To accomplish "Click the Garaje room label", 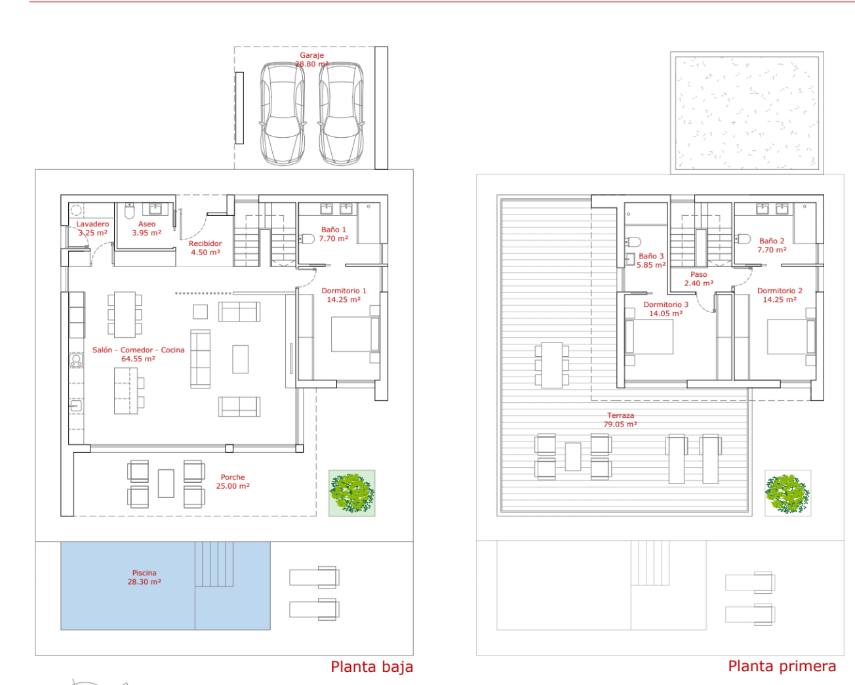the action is point(312,60).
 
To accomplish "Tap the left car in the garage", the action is point(283,114).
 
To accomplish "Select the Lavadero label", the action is point(92,228).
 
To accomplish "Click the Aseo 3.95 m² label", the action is point(147,228).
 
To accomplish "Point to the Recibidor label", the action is point(205,247).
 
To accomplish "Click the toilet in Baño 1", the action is point(307,239).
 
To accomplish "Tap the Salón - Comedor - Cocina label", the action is point(138,354).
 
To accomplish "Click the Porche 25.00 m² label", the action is point(233,481).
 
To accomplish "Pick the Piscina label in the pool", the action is point(144,577).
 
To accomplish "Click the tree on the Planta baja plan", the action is point(351,493).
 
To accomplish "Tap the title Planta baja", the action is point(372,667).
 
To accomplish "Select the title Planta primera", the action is point(782,666).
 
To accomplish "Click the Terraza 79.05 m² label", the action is point(620,419).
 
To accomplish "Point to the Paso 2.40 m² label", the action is point(698,278).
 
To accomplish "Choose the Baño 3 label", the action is point(651,260).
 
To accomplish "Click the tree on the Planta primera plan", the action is point(788,493).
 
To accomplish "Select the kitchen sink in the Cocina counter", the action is point(75,405).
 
